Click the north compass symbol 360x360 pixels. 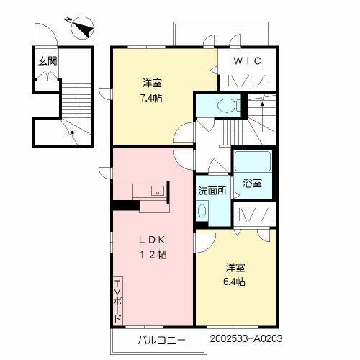[81, 28]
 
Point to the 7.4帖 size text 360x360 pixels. [151, 98]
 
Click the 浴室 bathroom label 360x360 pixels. [252, 184]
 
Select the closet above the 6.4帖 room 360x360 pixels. [253, 214]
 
